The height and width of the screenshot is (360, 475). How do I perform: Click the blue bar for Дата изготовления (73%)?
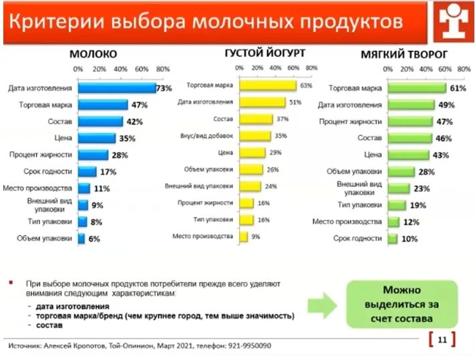point(116,88)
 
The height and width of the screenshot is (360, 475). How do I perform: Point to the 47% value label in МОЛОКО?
point(140,106)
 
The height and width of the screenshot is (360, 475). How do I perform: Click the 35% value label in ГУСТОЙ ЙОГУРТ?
point(280,136)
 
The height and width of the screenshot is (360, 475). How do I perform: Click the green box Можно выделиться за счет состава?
point(403,305)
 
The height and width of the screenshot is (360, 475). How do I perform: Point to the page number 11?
point(442,339)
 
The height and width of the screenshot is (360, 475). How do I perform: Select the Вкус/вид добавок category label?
point(206,136)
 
